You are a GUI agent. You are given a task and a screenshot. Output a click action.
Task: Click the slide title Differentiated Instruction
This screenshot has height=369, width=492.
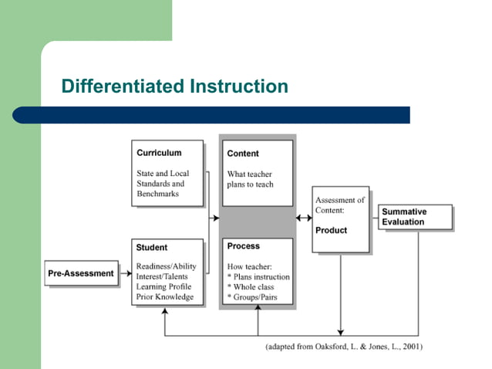click(x=174, y=86)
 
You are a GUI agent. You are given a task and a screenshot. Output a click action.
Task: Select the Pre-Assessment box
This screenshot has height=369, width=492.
click(x=81, y=273)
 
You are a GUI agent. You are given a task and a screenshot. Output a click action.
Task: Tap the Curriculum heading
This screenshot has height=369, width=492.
click(x=159, y=153)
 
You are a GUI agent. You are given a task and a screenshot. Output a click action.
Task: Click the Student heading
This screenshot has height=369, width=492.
click(x=151, y=248)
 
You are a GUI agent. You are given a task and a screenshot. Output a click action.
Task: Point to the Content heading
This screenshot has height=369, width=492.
click(x=243, y=154)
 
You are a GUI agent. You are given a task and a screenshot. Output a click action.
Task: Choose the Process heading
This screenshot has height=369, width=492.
click(x=243, y=246)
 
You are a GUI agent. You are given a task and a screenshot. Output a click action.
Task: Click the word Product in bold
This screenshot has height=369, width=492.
click(x=331, y=230)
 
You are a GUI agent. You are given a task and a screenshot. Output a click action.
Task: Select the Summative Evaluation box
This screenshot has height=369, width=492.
click(x=414, y=217)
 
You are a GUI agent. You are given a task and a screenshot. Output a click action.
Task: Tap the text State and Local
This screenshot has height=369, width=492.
click(x=162, y=174)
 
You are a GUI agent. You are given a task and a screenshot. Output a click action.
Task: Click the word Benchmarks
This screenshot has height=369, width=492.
click(x=157, y=194)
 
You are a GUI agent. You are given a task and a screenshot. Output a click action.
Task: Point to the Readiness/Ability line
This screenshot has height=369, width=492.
click(x=166, y=266)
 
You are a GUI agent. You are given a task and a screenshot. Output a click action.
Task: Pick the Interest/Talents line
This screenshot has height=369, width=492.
click(x=163, y=276)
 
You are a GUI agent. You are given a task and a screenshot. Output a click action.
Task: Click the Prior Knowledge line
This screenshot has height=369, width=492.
click(x=164, y=296)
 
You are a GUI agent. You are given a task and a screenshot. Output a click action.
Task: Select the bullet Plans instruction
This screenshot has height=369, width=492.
click(x=260, y=277)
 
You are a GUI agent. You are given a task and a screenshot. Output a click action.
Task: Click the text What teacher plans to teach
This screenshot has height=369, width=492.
click(x=250, y=179)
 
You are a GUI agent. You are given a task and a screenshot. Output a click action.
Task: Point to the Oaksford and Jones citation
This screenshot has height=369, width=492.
click(x=344, y=347)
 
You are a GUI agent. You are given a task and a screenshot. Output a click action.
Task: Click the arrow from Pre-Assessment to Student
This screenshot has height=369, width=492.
click(x=126, y=273)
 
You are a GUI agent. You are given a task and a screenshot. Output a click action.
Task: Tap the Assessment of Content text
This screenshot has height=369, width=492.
click(x=339, y=205)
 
